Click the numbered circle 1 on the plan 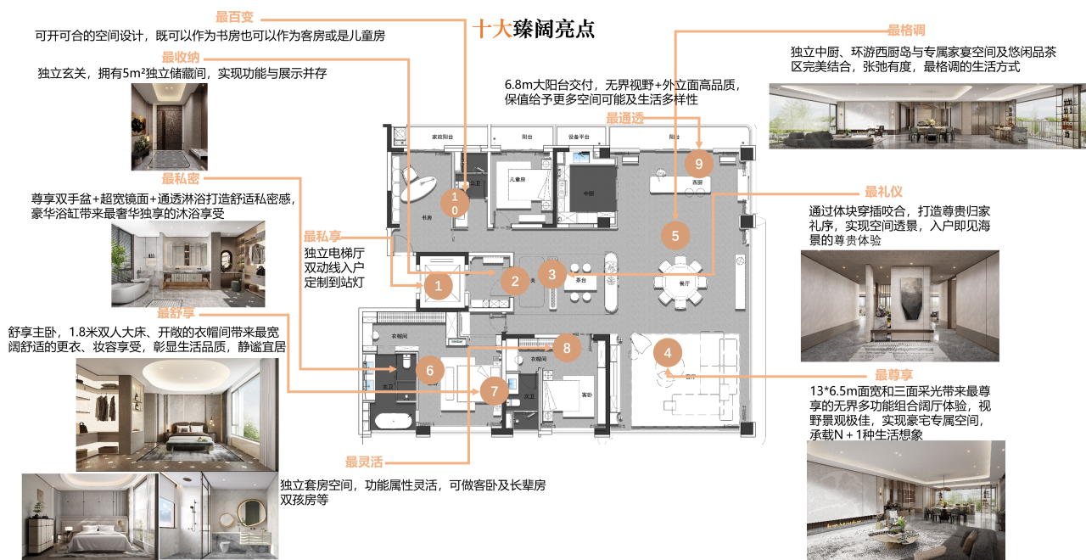[x=438, y=286]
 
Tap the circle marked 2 [x=514, y=281]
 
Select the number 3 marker [x=552, y=274]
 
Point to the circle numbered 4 [x=668, y=352]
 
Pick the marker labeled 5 [x=675, y=236]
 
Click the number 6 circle [x=430, y=370]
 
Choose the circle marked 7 [x=494, y=391]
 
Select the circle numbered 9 [x=699, y=163]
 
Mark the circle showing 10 [x=455, y=203]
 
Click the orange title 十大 [x=492, y=30]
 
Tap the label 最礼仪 [x=883, y=193]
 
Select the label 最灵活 [x=364, y=462]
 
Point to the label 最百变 [x=234, y=17]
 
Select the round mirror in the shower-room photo [x=252, y=512]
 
